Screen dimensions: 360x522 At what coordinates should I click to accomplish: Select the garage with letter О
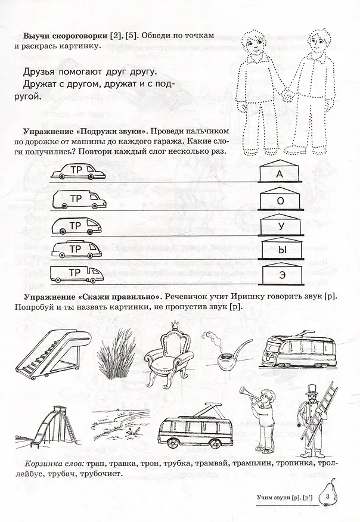pyautogui.click(x=280, y=200)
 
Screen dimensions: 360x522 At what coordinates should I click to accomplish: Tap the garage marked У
pyautogui.click(x=280, y=225)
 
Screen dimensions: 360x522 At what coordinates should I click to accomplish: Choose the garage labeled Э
pyautogui.click(x=281, y=274)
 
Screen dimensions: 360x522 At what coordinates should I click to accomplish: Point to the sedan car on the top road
pyautogui.click(x=79, y=172)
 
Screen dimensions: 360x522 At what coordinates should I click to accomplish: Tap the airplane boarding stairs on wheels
pyautogui.click(x=53, y=354)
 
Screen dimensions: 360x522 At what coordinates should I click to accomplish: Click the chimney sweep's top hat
pyautogui.click(x=312, y=390)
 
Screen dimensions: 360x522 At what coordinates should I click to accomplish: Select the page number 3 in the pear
pyautogui.click(x=328, y=497)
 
